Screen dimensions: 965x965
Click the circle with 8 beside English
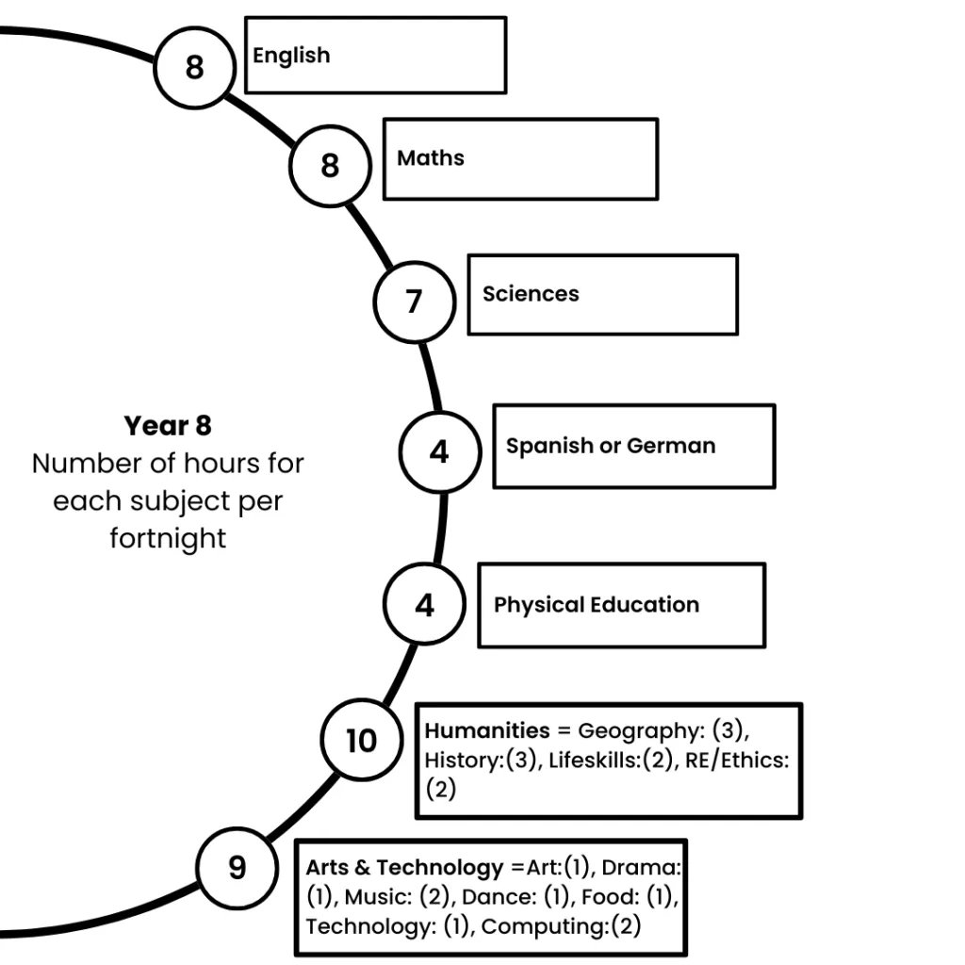pos(194,67)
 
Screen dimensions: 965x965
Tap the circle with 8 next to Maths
pos(330,166)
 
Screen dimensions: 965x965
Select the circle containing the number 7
pos(414,302)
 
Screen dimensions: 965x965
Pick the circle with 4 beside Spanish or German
pos(439,452)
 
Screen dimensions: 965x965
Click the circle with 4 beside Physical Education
pos(424,605)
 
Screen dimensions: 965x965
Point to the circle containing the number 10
pos(361,741)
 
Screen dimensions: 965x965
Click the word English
pos(291,56)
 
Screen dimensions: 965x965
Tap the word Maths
pos(431,157)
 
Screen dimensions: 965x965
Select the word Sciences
pos(531,294)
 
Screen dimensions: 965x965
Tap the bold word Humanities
pos(486,730)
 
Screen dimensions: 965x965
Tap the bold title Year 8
pos(168,426)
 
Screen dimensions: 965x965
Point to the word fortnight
pos(168,539)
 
